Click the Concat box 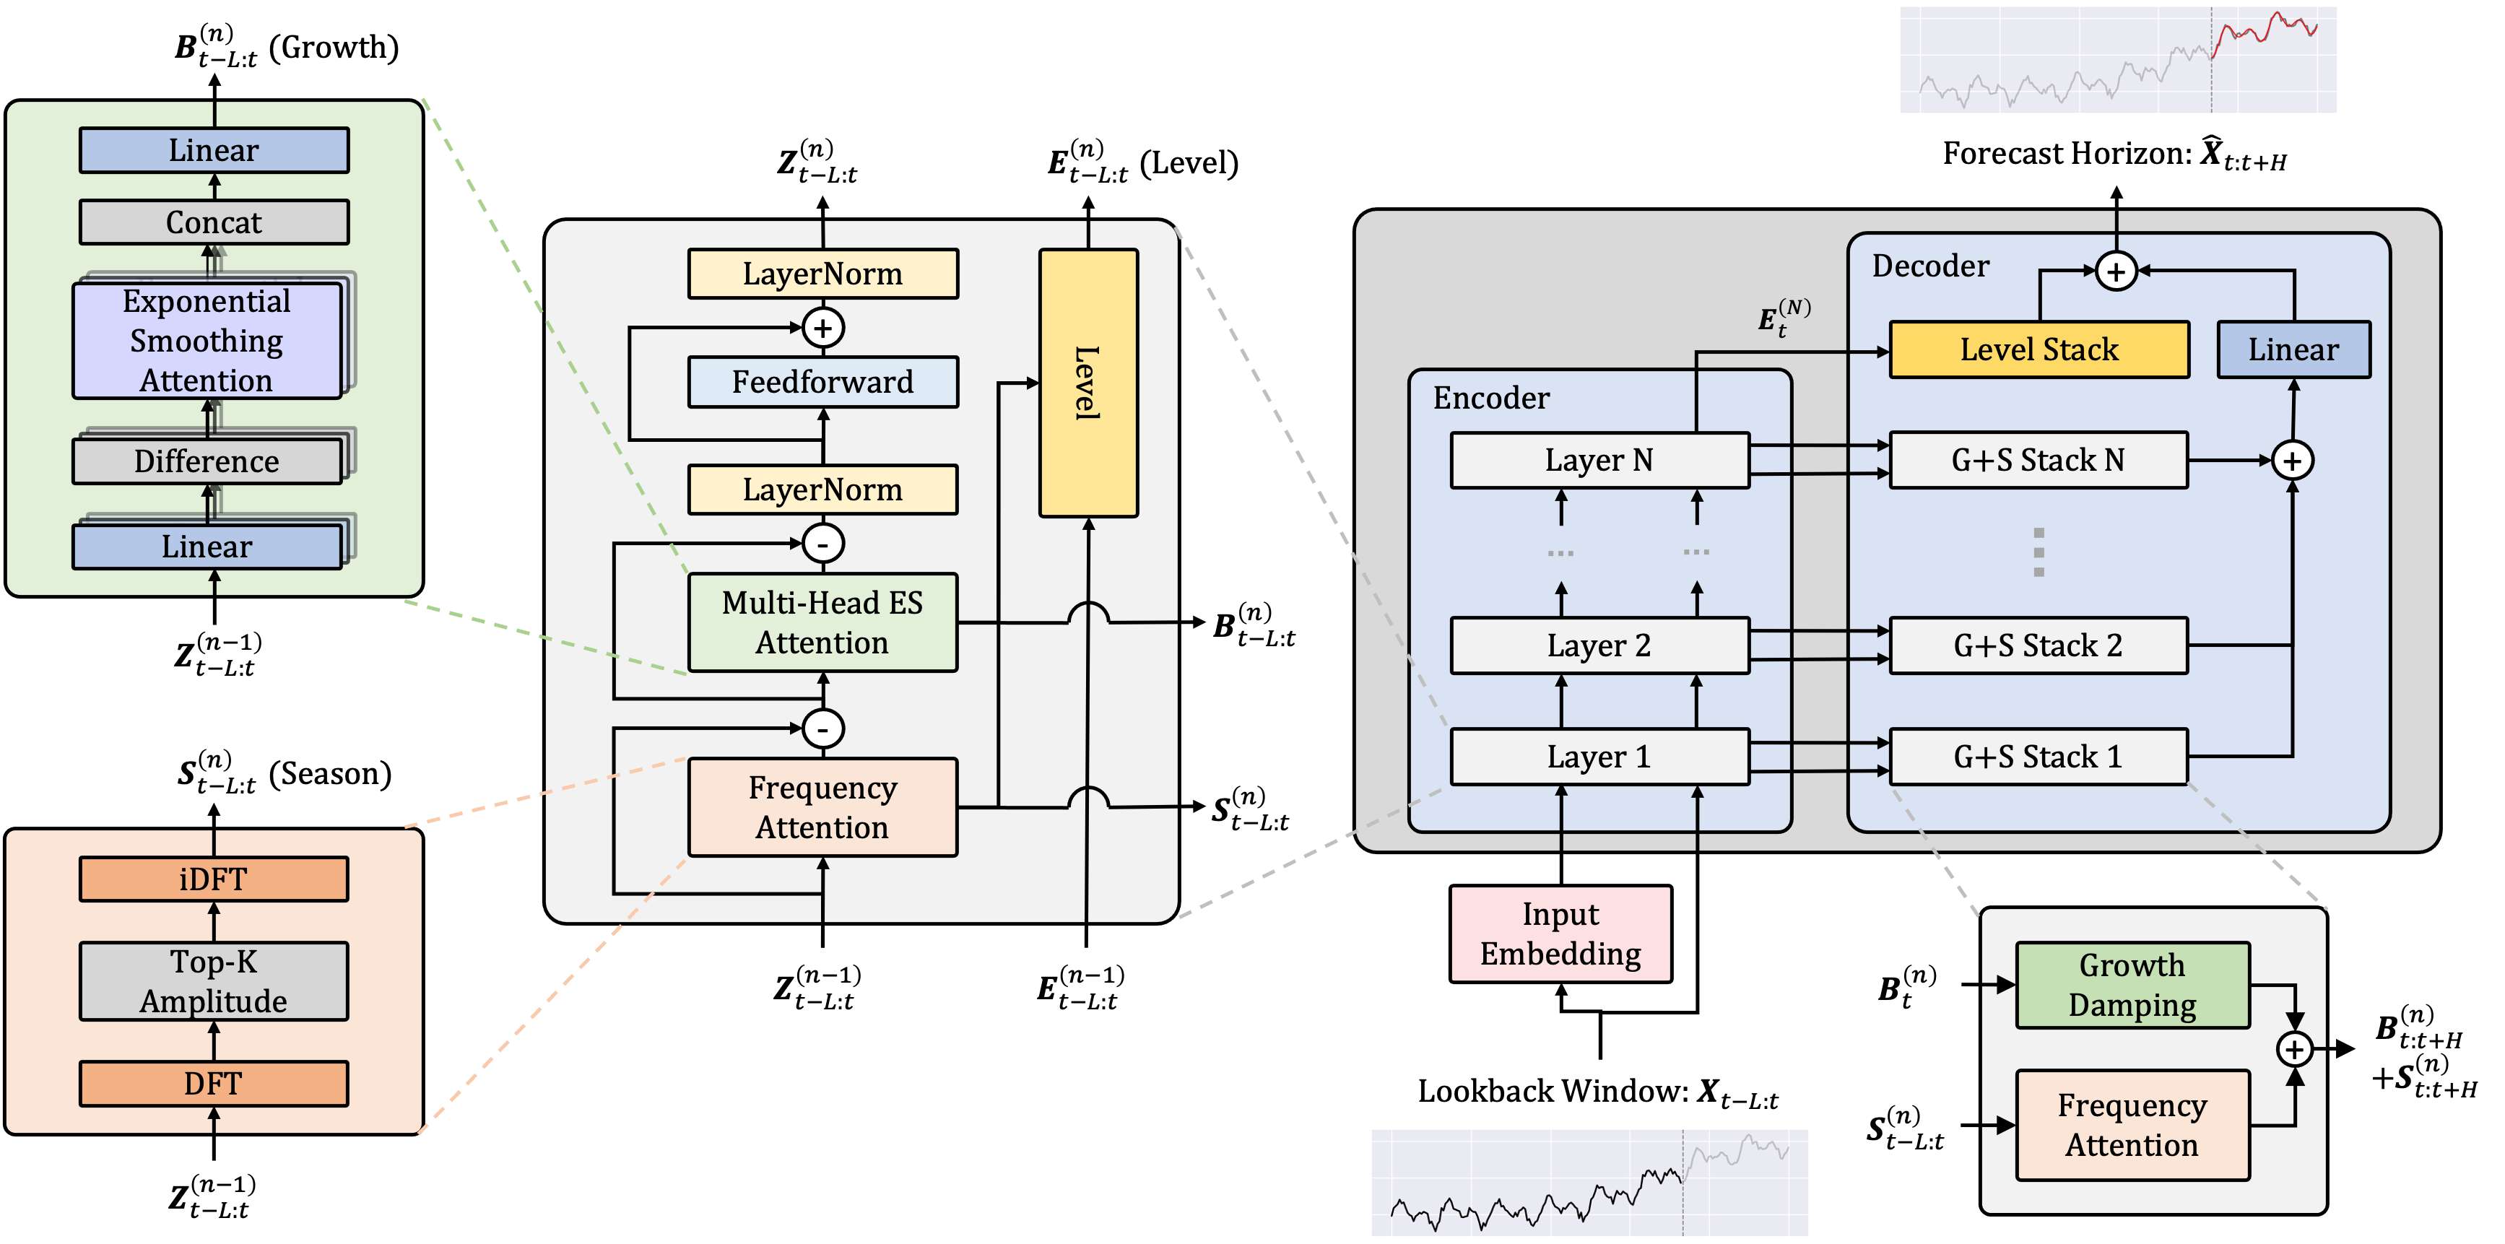pyautogui.click(x=213, y=222)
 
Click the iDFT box pyautogui.click(x=213, y=879)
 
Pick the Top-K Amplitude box pyautogui.click(x=213, y=981)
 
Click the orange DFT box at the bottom pyautogui.click(x=213, y=1084)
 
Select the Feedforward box pyautogui.click(x=822, y=382)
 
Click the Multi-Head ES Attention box pyautogui.click(x=822, y=622)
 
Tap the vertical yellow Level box pyautogui.click(x=1088, y=383)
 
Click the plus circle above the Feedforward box pyautogui.click(x=822, y=328)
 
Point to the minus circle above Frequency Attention pyautogui.click(x=822, y=728)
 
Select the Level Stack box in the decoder pyautogui.click(x=2039, y=349)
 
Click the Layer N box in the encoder pyautogui.click(x=1599, y=460)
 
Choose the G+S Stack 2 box pyautogui.click(x=2039, y=646)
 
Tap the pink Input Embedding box pyautogui.click(x=1560, y=934)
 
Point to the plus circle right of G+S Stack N pyautogui.click(x=2292, y=460)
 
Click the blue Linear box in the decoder pyautogui.click(x=2293, y=349)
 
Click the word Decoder pyautogui.click(x=1930, y=266)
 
